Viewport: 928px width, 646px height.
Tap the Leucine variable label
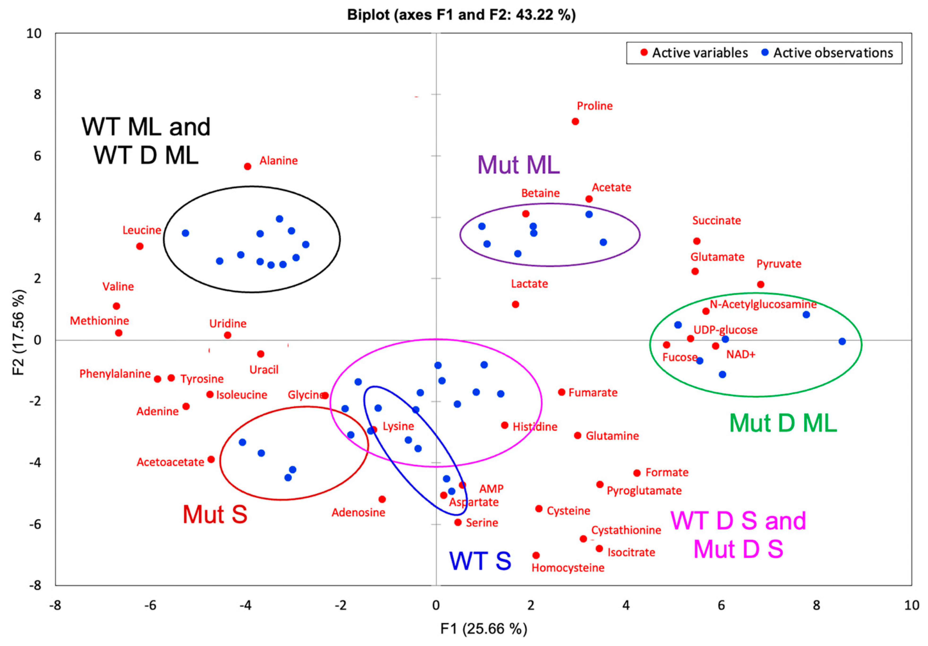pyautogui.click(x=142, y=230)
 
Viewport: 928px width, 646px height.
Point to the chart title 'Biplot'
pyautogui.click(x=462, y=15)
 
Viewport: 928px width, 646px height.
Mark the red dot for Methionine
pyautogui.click(x=118, y=333)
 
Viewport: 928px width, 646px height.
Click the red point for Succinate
pyautogui.click(x=697, y=241)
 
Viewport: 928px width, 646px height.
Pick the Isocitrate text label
pyautogui.click(x=631, y=552)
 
